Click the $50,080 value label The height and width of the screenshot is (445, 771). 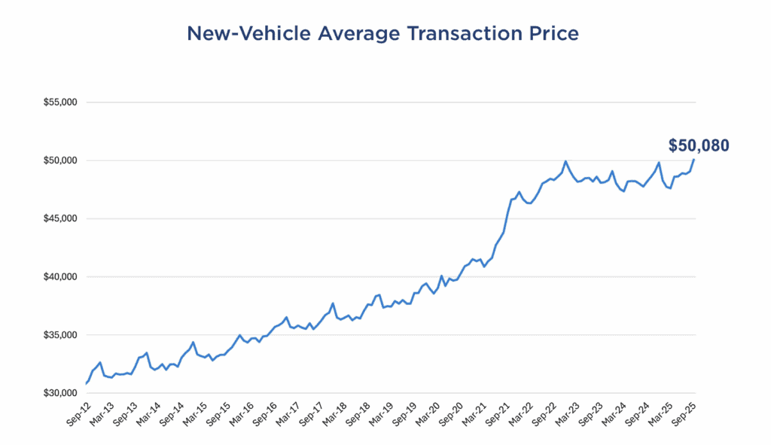(x=699, y=146)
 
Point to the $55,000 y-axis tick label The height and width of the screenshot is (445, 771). (x=62, y=102)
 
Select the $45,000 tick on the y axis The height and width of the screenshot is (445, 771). (x=62, y=219)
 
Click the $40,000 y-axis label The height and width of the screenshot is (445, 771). (x=62, y=277)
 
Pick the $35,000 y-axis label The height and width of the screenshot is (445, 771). (x=62, y=335)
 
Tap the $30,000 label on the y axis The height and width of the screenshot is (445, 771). (x=62, y=393)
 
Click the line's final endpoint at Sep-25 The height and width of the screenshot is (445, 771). (x=694, y=159)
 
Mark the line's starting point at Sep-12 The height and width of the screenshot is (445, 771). (x=86, y=384)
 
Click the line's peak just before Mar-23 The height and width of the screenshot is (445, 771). (x=565, y=161)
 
